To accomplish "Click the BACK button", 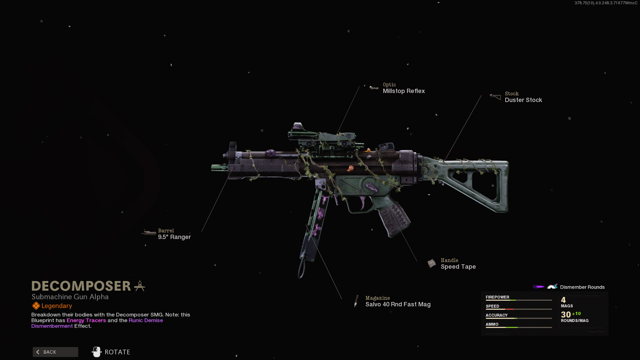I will coord(55,352).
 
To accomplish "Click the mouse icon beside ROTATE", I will coord(96,352).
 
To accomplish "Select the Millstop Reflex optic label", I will coord(404,91).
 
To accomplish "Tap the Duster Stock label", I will coord(523,100).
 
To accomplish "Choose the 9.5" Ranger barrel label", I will coord(174,237).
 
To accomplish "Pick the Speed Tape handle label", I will coord(458,267).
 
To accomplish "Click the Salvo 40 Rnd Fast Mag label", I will coord(398,304).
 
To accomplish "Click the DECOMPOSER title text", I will coord(81,286).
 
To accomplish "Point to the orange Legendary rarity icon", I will coord(36,306).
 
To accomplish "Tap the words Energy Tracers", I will coord(86,320).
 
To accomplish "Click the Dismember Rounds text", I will coord(582,287).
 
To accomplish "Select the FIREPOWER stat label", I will coord(497,297).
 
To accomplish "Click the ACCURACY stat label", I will coord(496,315).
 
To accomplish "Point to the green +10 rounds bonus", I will coord(576,314).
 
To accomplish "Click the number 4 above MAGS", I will coord(563,300).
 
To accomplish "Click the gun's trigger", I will coord(362,202).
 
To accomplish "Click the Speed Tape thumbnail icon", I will coord(431,263).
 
